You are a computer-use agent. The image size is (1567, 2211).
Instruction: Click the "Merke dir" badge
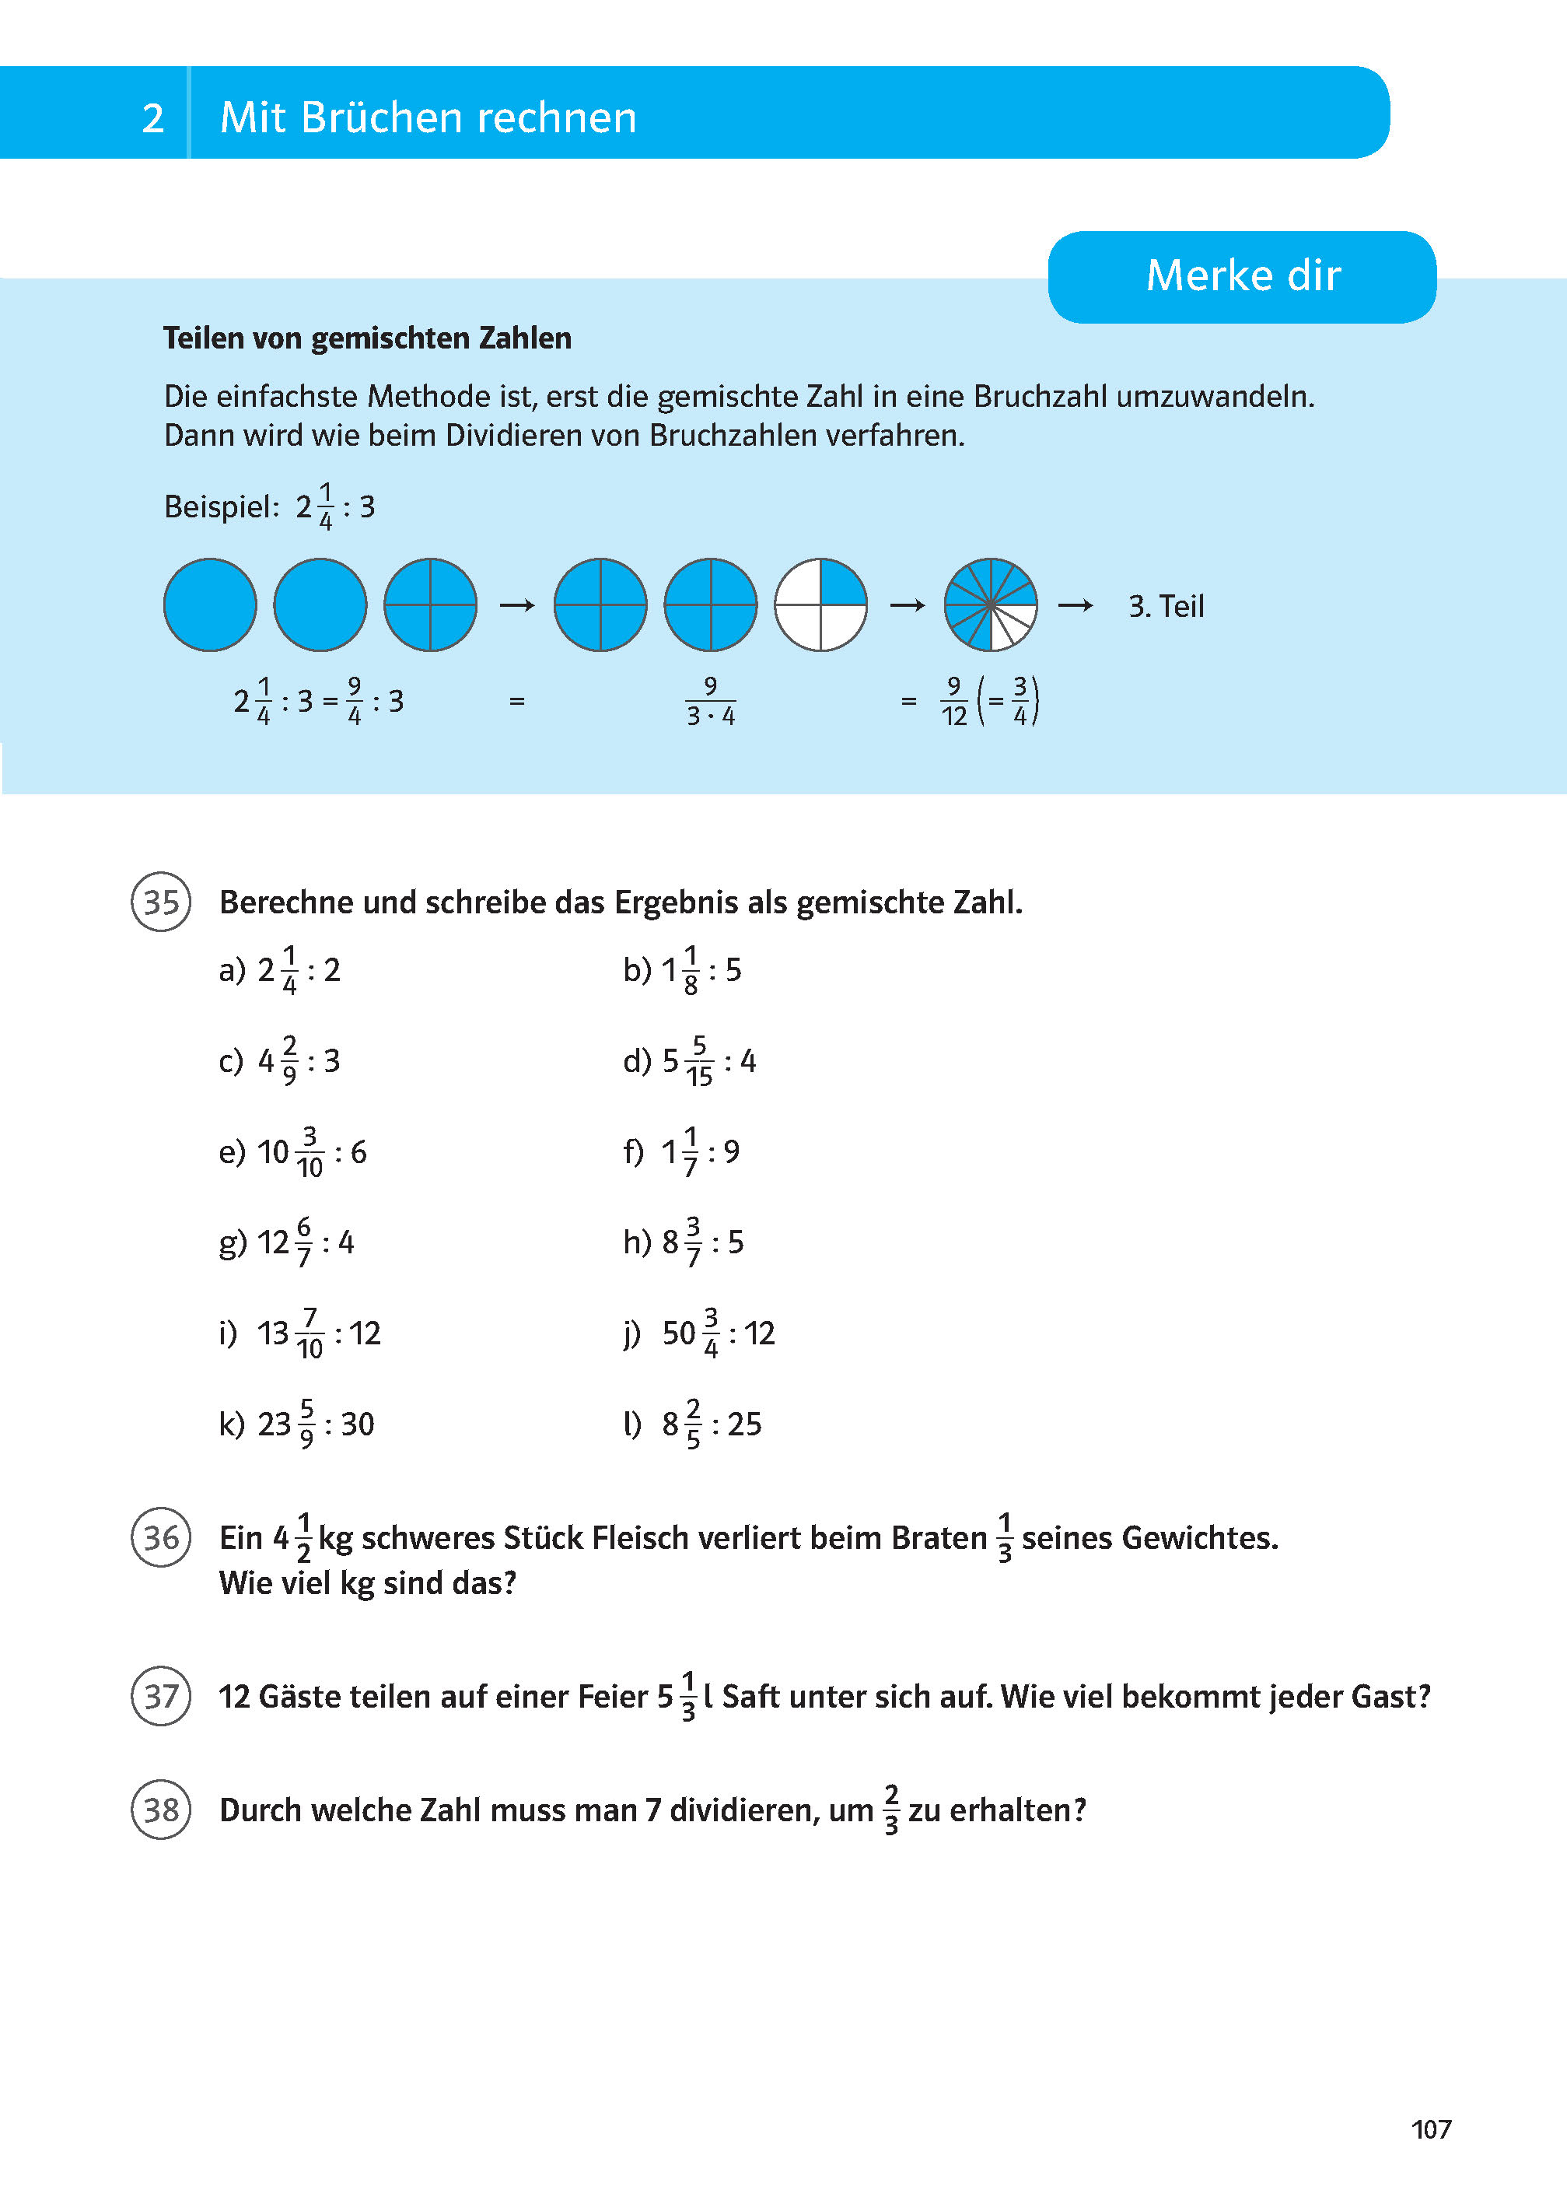pyautogui.click(x=1242, y=276)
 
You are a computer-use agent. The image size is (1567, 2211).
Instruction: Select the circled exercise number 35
pyautogui.click(x=161, y=902)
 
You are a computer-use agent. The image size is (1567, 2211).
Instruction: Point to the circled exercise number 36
pyautogui.click(x=161, y=1537)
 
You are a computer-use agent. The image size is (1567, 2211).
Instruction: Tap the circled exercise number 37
pyautogui.click(x=161, y=1696)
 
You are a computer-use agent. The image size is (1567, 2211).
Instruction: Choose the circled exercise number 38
pyautogui.click(x=161, y=1810)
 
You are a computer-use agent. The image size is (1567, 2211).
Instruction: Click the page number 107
pyautogui.click(x=1430, y=2129)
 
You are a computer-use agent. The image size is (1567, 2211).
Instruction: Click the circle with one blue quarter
pyautogui.click(x=820, y=605)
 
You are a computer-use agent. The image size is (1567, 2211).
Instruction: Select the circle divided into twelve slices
pyautogui.click(x=990, y=605)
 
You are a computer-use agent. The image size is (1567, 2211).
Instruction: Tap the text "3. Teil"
pyautogui.click(x=1166, y=606)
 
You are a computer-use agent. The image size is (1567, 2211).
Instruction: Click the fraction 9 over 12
pyautogui.click(x=953, y=701)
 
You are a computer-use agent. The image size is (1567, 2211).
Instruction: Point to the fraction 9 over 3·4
pyautogui.click(x=710, y=701)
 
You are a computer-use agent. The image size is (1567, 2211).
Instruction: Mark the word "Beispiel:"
pyautogui.click(x=221, y=506)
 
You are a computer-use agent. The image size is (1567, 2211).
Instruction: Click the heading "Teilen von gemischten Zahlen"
pyautogui.click(x=366, y=338)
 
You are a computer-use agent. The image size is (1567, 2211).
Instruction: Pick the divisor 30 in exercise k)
pyautogui.click(x=357, y=1424)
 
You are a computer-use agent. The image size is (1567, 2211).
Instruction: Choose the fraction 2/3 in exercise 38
pyautogui.click(x=890, y=1810)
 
